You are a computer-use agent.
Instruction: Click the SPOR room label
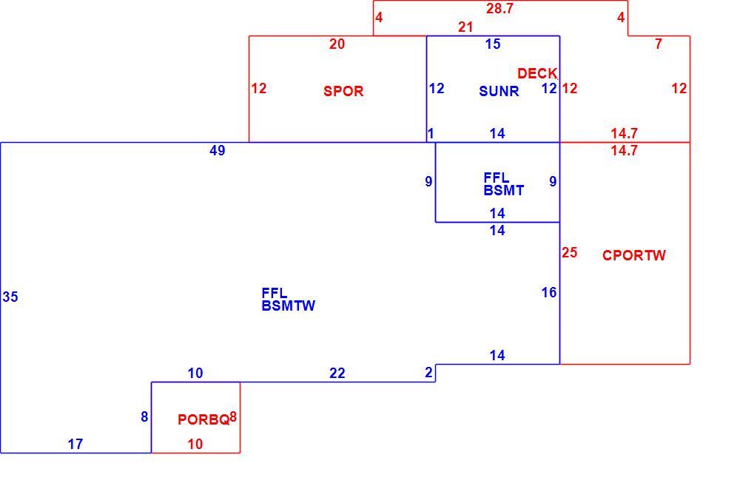[x=343, y=91]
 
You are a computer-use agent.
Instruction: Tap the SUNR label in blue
[x=499, y=91]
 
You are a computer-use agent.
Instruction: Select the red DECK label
[x=537, y=74]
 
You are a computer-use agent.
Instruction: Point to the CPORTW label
[x=634, y=255]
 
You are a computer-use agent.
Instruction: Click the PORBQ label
[x=203, y=419]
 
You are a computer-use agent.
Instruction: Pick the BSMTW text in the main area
[x=289, y=305]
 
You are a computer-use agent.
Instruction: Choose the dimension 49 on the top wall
[x=217, y=150]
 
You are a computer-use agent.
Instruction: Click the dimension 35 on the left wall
[x=10, y=297]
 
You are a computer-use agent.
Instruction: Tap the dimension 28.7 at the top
[x=499, y=8]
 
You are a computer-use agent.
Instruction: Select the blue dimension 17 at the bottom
[x=75, y=444]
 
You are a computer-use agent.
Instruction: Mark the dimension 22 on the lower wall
[x=337, y=374]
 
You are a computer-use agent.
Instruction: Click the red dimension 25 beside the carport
[x=569, y=252]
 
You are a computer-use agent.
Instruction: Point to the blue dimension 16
[x=549, y=292]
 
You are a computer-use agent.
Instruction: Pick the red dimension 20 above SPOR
[x=337, y=44]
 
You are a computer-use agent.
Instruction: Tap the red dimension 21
[x=465, y=27]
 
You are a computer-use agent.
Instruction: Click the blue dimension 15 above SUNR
[x=493, y=44]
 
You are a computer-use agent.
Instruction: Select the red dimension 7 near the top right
[x=659, y=44]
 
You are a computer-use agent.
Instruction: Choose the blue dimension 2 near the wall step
[x=428, y=372]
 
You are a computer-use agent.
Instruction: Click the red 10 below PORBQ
[x=195, y=444]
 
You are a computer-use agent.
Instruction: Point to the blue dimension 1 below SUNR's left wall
[x=431, y=134]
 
